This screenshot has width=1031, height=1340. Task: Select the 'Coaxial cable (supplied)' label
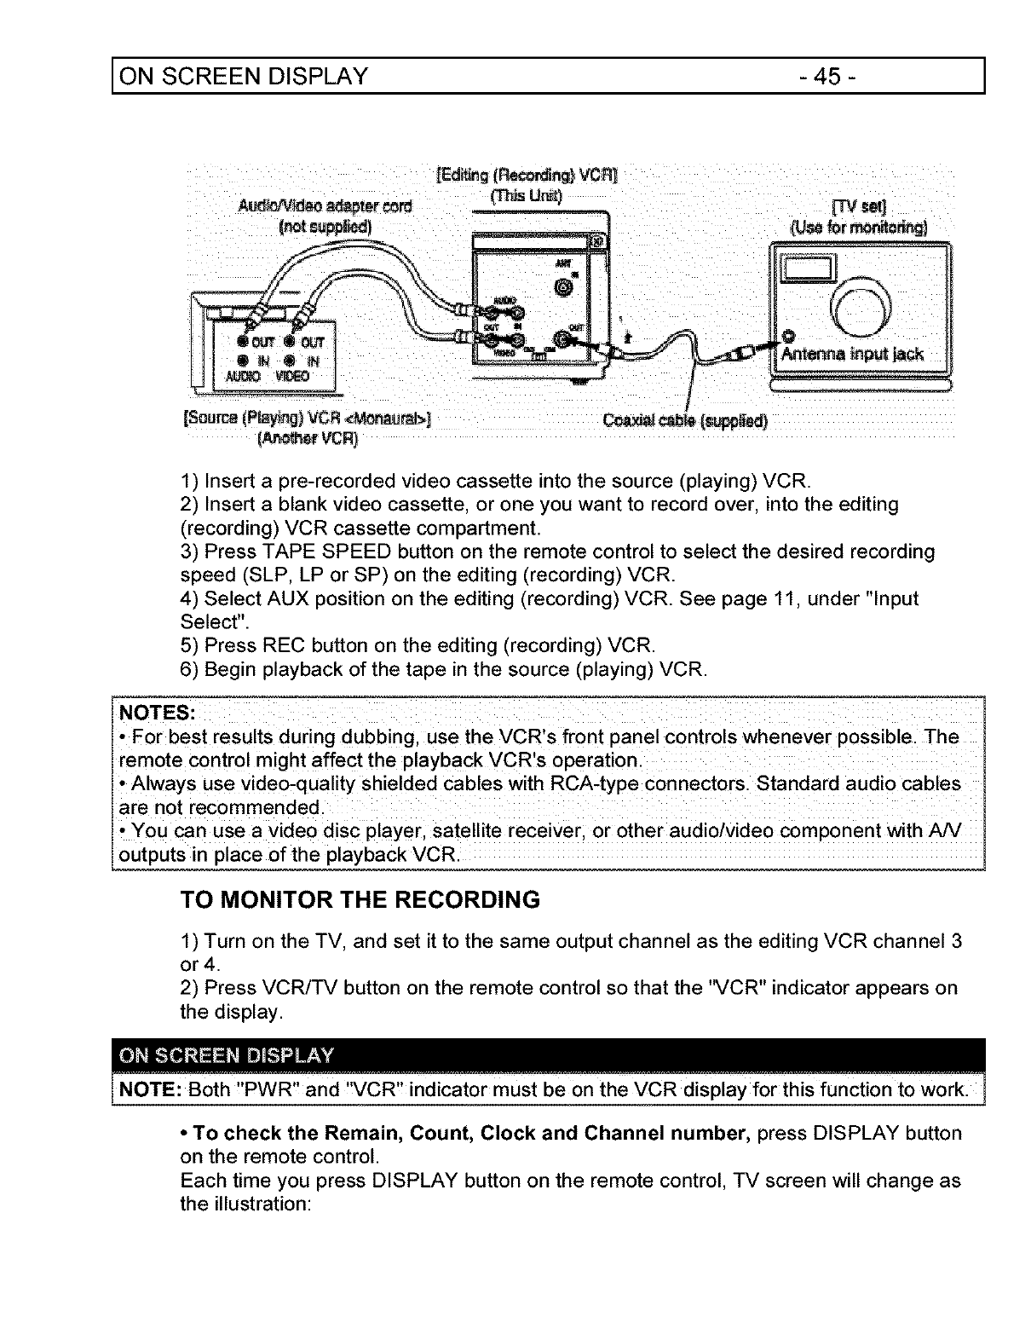(684, 421)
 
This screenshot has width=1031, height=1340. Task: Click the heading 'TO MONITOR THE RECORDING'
(360, 900)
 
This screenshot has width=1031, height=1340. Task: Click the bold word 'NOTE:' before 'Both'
(150, 1090)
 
